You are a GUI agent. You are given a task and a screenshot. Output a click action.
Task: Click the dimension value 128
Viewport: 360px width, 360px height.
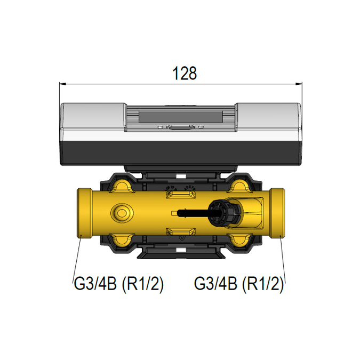click(185, 74)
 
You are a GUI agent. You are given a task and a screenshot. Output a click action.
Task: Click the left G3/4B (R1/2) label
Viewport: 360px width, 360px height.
click(117, 284)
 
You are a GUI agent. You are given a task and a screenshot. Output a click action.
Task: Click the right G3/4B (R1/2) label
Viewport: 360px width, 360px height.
click(238, 284)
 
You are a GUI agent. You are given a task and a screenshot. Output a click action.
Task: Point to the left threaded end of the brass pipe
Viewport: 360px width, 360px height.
click(83, 213)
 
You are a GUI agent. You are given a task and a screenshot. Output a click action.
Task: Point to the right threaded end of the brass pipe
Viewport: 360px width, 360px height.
click(277, 213)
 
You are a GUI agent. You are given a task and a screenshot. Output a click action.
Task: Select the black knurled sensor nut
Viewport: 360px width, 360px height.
click(222, 213)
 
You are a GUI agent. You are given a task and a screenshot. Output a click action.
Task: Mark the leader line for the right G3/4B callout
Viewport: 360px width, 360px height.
click(282, 259)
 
